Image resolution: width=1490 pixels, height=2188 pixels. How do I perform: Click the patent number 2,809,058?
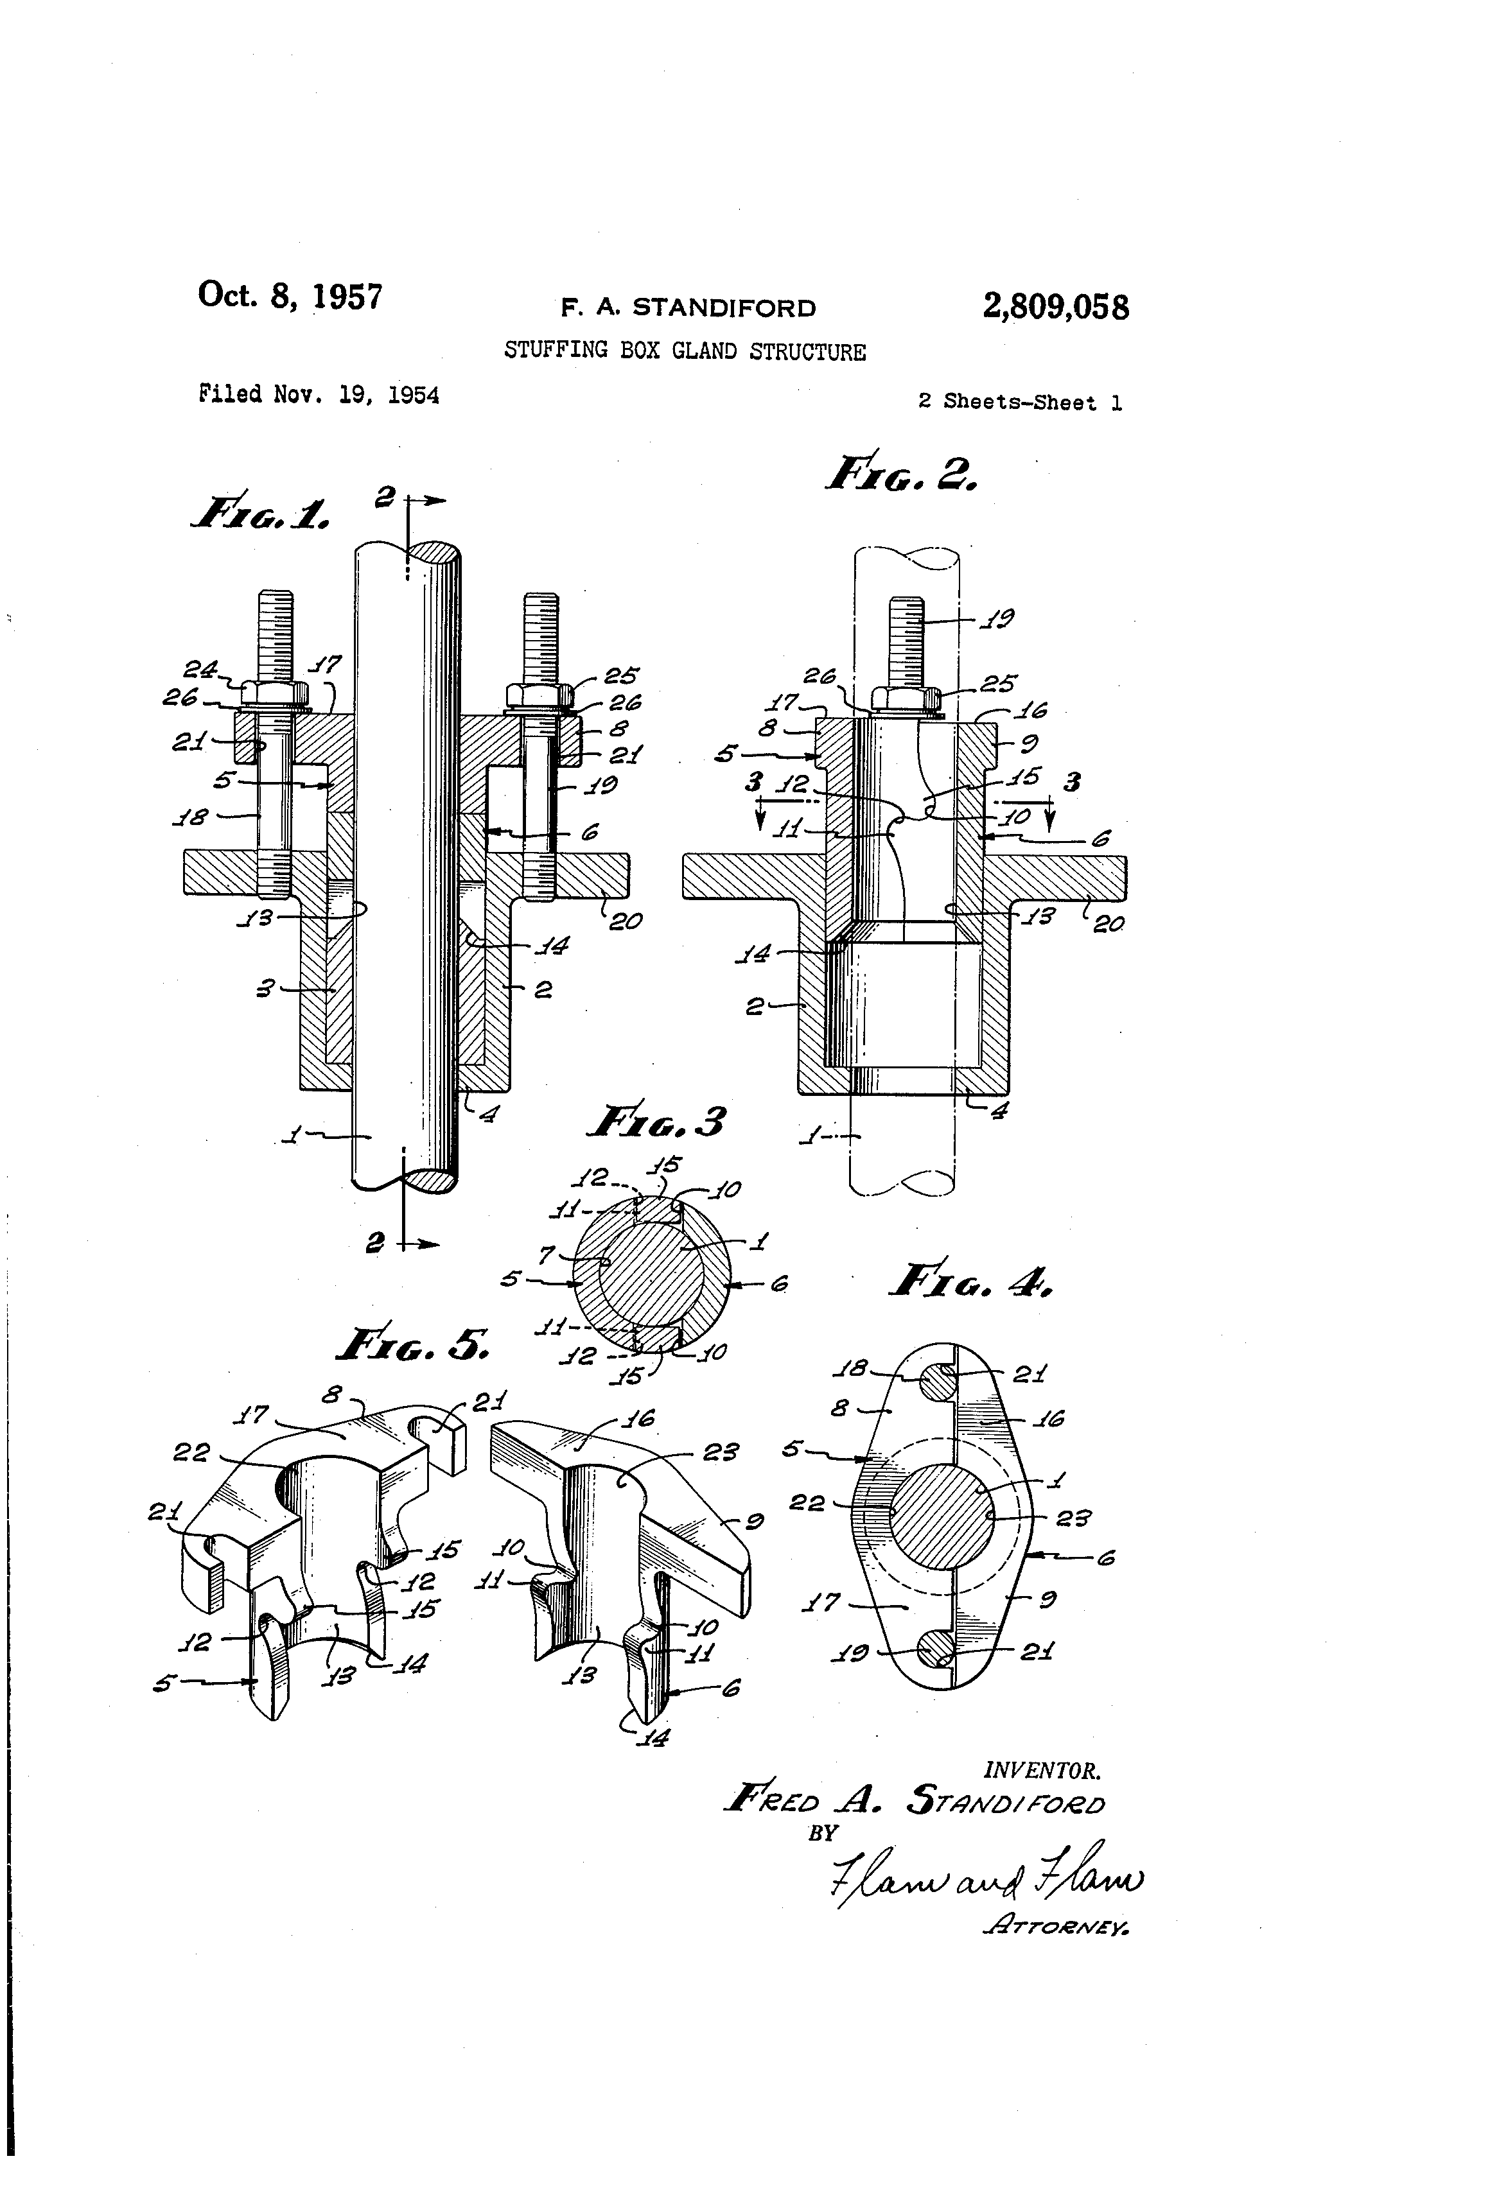click(1055, 306)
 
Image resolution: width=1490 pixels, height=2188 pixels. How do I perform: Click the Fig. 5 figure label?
click(412, 1344)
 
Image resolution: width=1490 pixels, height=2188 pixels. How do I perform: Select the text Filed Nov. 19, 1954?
click(319, 394)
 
